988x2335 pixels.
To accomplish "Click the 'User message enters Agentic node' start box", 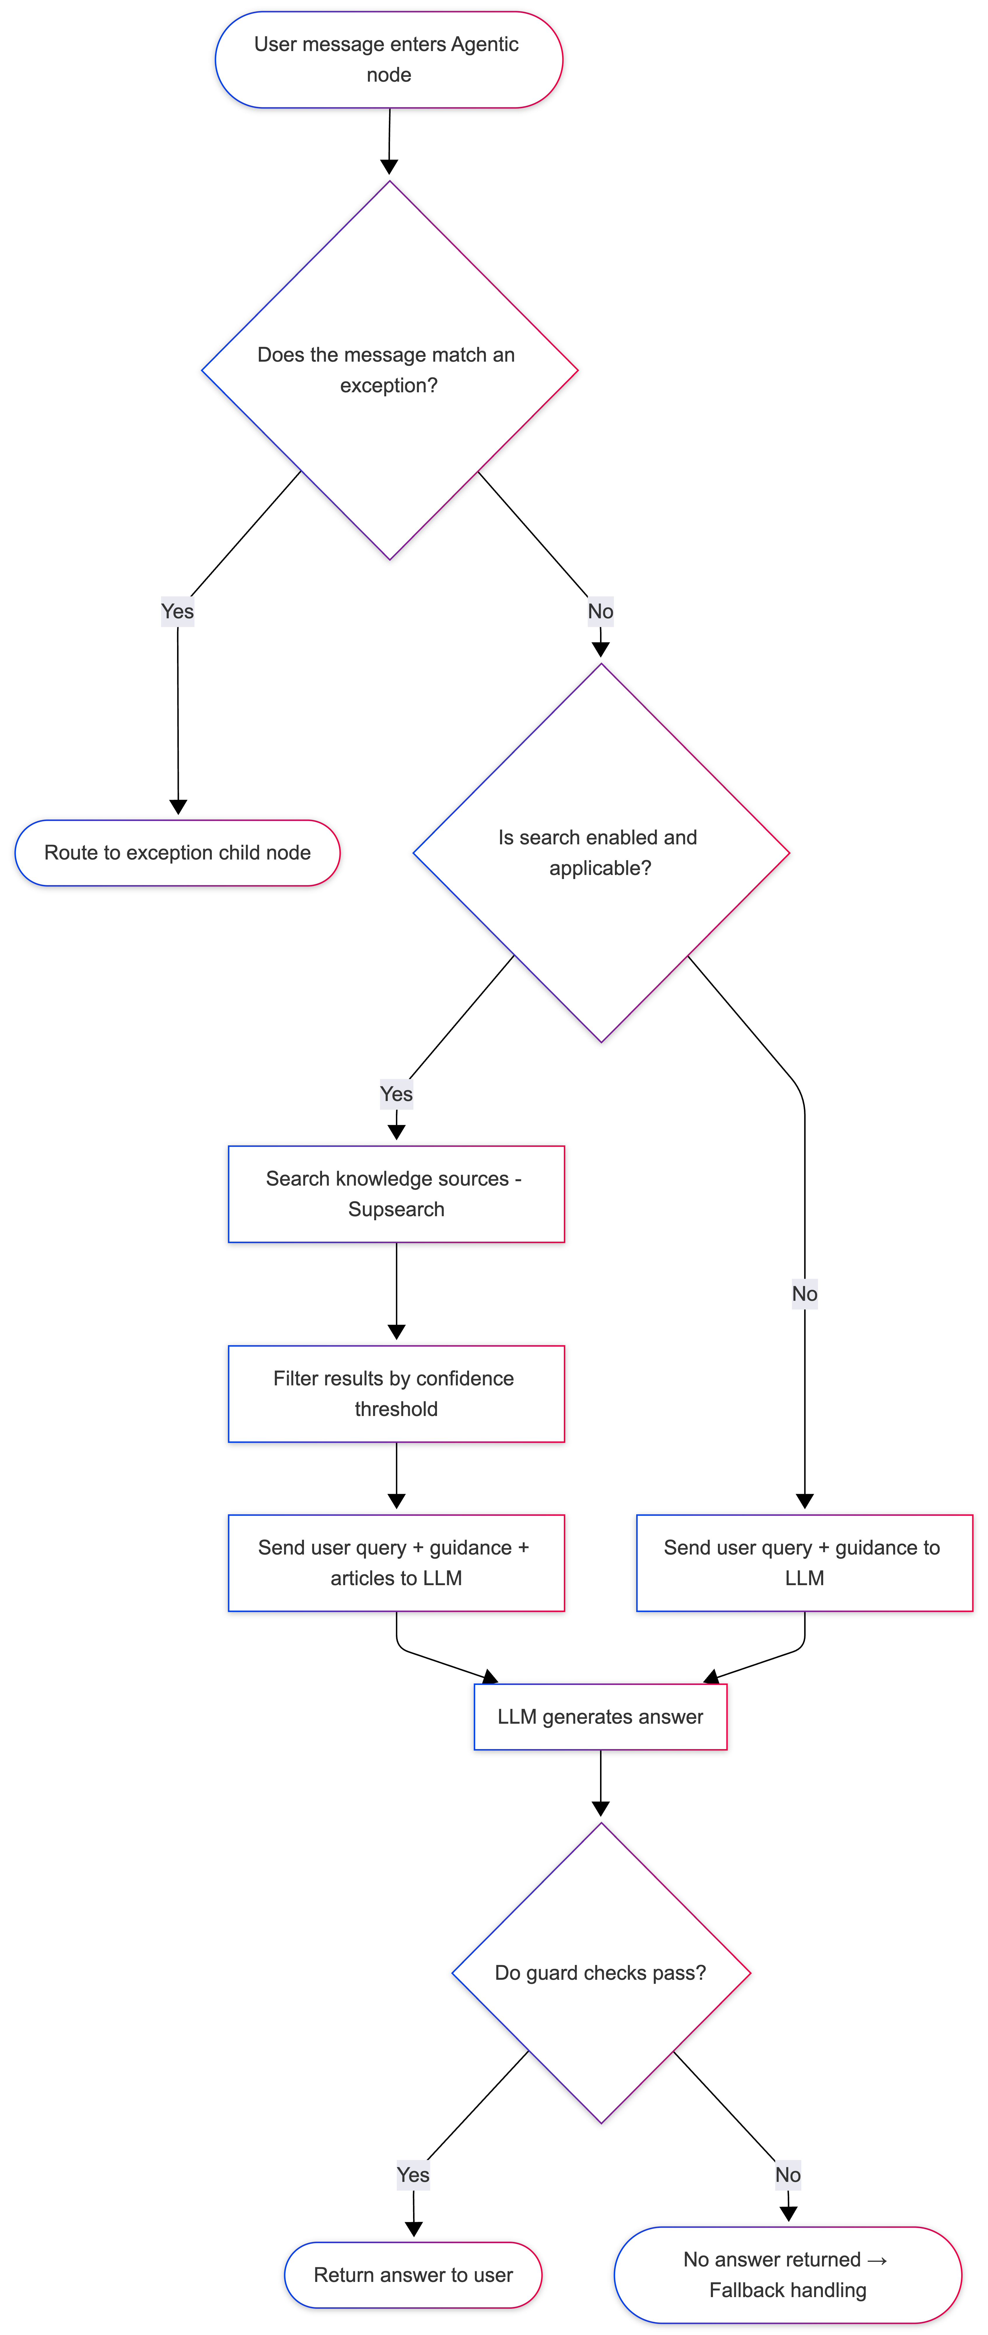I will point(389,60).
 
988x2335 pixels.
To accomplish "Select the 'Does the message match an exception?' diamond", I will point(389,370).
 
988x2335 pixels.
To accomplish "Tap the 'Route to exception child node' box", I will point(178,853).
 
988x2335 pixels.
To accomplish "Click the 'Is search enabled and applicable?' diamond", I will point(600,853).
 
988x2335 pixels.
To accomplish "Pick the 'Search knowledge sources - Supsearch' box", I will point(396,1194).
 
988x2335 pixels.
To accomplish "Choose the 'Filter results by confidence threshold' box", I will point(396,1393).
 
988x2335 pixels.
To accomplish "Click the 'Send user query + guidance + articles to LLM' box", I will point(396,1563).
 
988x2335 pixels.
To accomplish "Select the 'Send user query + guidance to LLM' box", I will point(804,1563).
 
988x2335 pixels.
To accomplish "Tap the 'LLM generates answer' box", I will point(600,1717).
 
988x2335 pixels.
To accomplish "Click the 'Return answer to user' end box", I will point(413,2275).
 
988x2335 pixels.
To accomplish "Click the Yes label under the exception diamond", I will point(178,612).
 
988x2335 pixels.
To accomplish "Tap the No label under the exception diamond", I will point(600,612).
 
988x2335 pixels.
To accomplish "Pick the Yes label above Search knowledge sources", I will point(396,1094).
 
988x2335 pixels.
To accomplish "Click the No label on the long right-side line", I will point(804,1293).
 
